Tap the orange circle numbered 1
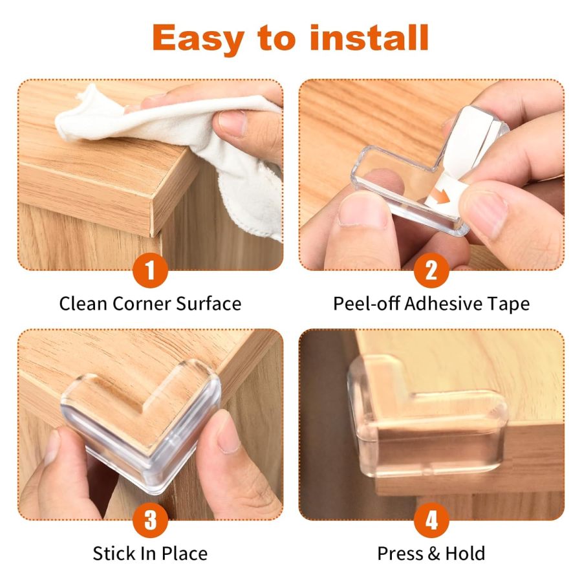coord(151,271)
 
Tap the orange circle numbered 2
coord(431,271)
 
